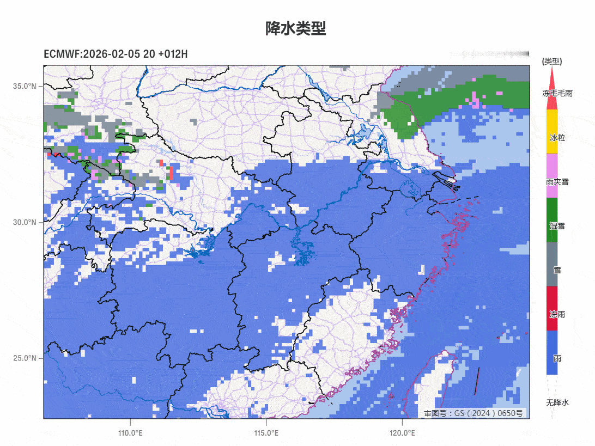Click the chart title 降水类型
pyautogui.click(x=296, y=29)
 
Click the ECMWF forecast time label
pyautogui.click(x=116, y=54)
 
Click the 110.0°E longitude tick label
pyautogui.click(x=131, y=433)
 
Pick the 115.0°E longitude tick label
pyautogui.click(x=266, y=433)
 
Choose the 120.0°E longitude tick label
pyautogui.click(x=402, y=433)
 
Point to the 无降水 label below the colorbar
pyautogui.click(x=557, y=402)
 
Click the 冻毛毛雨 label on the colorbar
pyautogui.click(x=557, y=94)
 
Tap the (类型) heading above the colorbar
pyautogui.click(x=552, y=62)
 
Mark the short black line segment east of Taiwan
pyautogui.click(x=477, y=381)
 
